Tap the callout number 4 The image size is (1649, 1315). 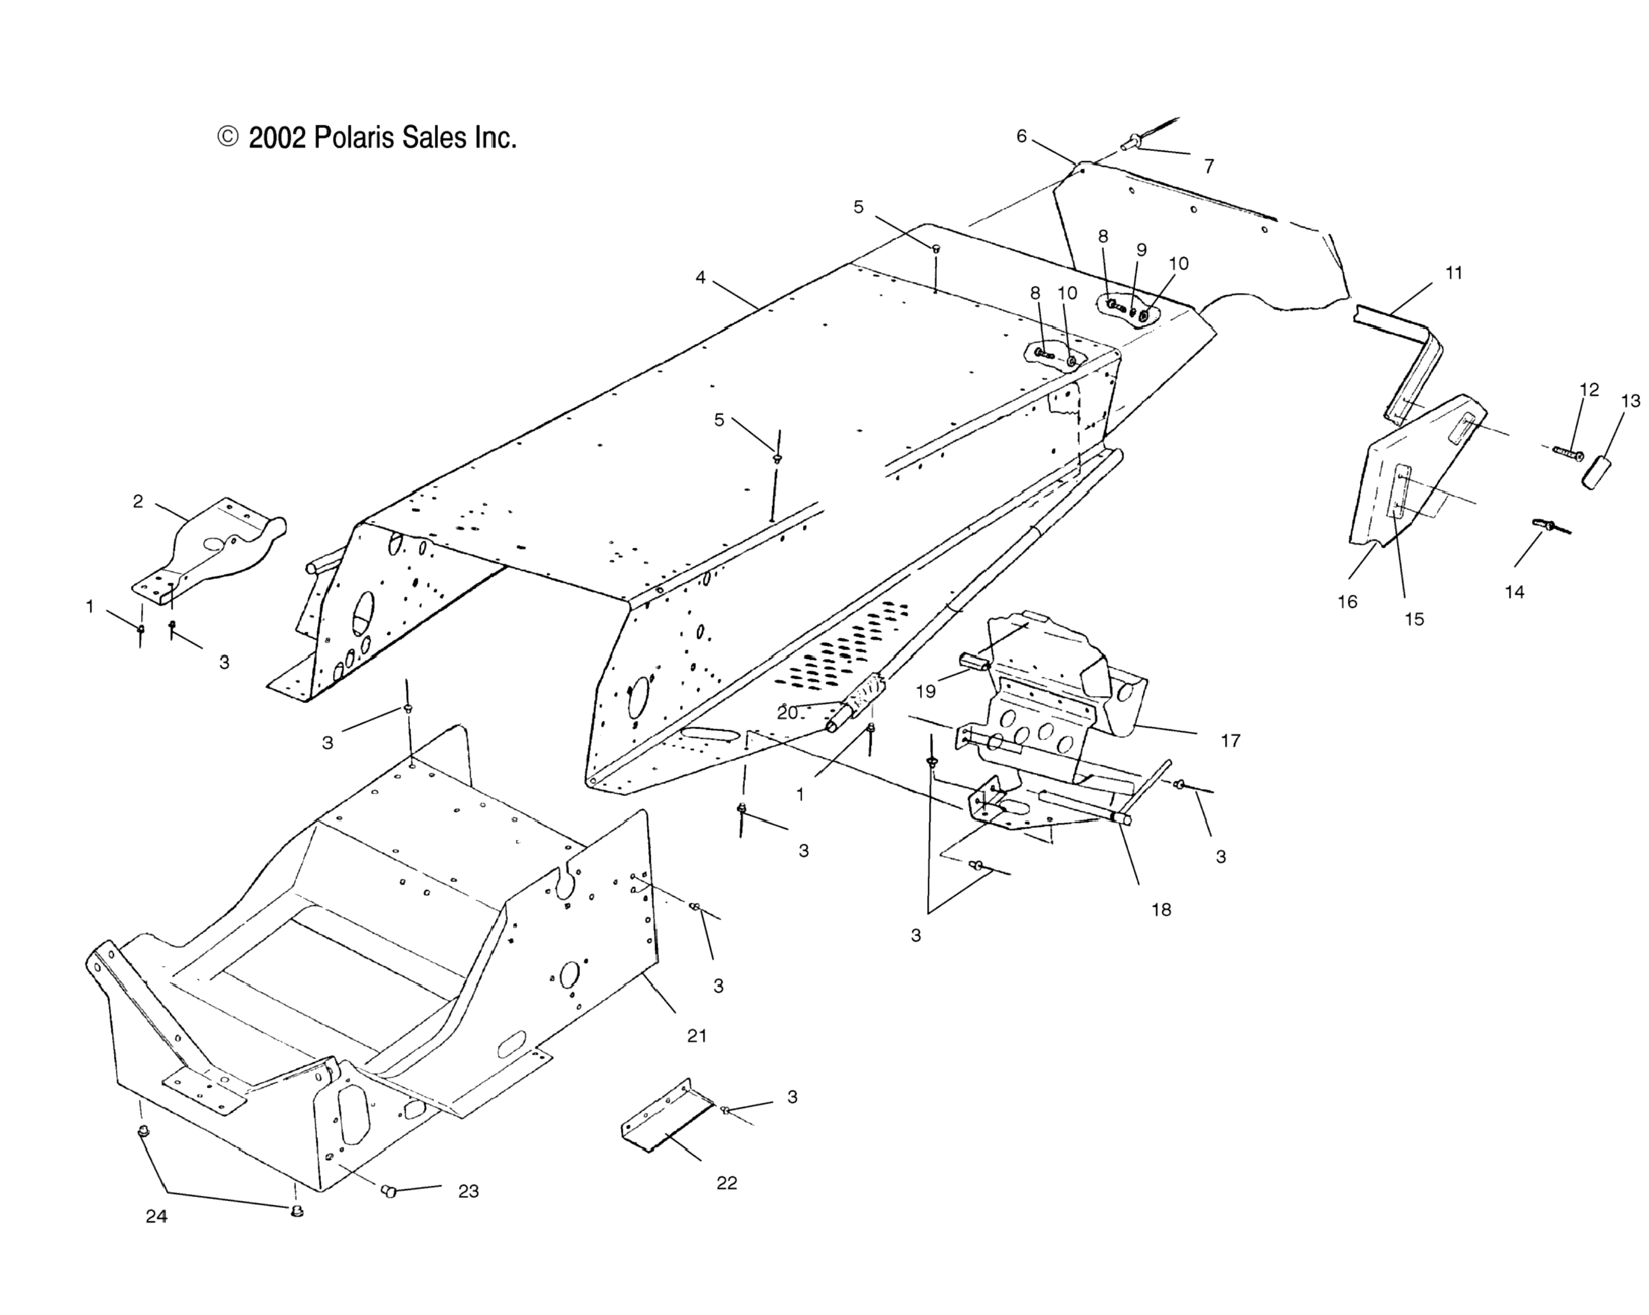click(700, 278)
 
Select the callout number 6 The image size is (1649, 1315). click(1021, 136)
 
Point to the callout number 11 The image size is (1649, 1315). click(1454, 273)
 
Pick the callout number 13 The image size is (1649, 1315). click(1630, 400)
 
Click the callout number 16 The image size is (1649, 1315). click(1347, 602)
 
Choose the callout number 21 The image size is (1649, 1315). click(697, 1036)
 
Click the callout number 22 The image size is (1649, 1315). click(726, 1183)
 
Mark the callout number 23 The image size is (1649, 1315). click(468, 1191)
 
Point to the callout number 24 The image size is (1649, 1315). click(157, 1216)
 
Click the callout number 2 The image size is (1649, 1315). click(138, 502)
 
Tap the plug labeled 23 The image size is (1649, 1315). click(388, 1190)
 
